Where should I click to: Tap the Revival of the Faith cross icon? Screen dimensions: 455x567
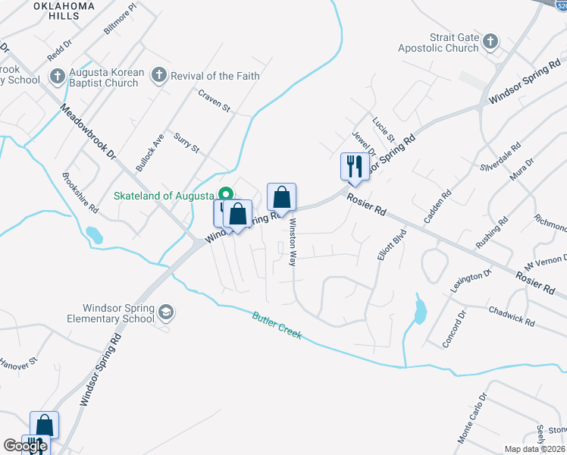click(x=158, y=74)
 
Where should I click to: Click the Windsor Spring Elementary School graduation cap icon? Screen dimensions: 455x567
click(x=165, y=312)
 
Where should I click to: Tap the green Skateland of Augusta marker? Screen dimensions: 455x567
click(x=225, y=194)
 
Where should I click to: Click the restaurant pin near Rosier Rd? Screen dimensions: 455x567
click(x=355, y=167)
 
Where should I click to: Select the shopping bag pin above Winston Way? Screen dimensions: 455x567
click(x=281, y=198)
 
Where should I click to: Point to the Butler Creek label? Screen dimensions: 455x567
click(x=277, y=324)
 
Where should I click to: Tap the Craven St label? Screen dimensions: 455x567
click(x=214, y=102)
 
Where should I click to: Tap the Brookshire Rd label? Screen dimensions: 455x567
click(x=81, y=193)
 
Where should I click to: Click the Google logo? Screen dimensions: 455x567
click(x=24, y=446)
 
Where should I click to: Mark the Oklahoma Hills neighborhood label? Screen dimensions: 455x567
click(x=64, y=12)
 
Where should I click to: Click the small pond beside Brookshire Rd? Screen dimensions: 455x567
click(x=94, y=235)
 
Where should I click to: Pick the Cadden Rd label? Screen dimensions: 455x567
click(x=437, y=206)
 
